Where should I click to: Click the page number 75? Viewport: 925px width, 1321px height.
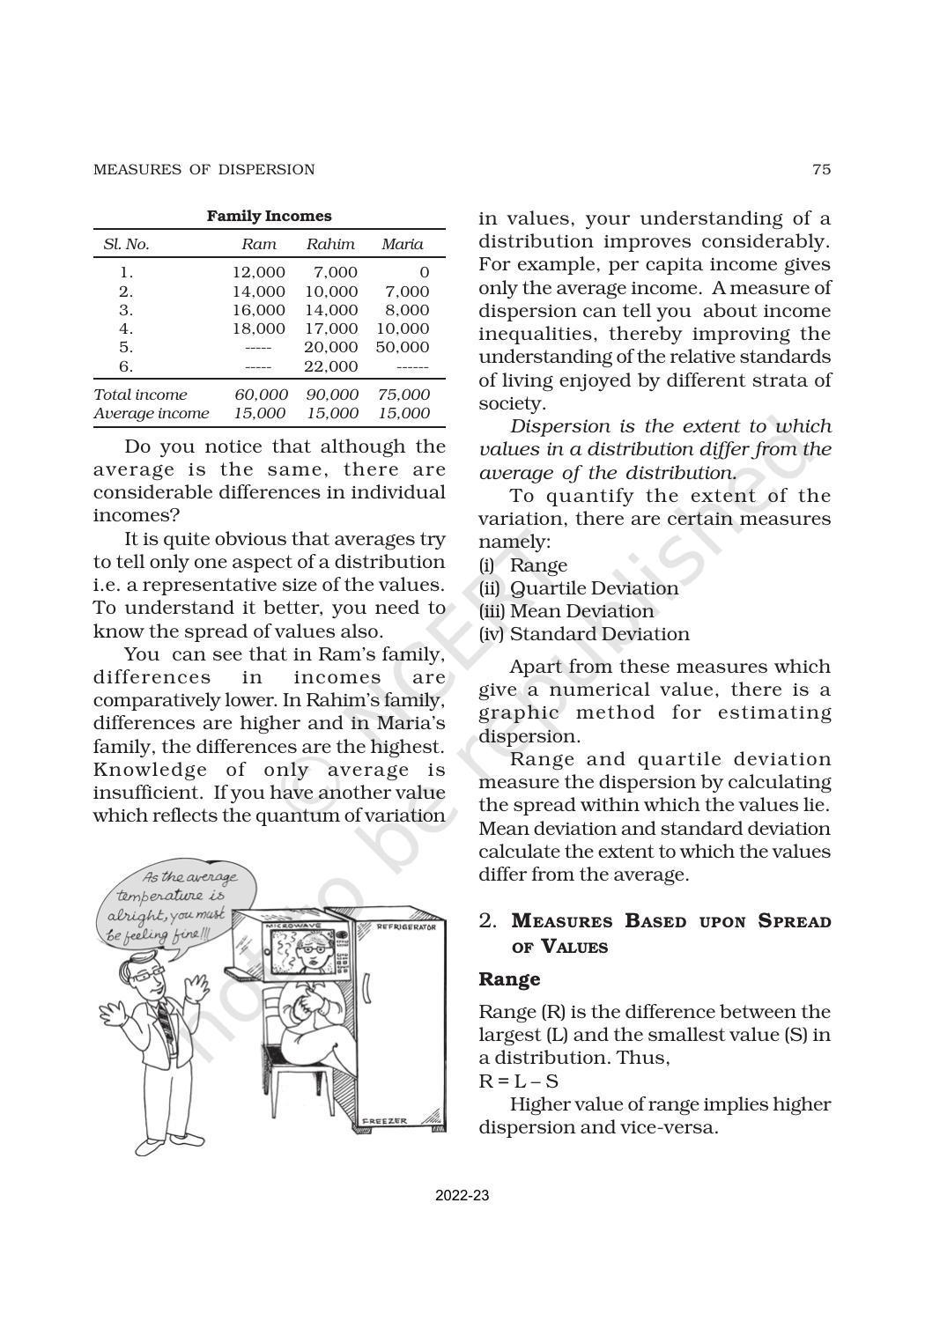[820, 170]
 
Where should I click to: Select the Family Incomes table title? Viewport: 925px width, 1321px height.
[269, 216]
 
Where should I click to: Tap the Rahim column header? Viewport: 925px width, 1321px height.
[330, 245]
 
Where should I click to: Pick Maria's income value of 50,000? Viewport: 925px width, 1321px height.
[403, 347]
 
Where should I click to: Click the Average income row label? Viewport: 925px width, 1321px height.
[151, 413]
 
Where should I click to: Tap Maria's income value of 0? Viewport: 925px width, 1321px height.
[424, 273]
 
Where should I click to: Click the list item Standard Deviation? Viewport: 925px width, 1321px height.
[599, 634]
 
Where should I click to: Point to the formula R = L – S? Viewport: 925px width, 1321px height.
[518, 1081]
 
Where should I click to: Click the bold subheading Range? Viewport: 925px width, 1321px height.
[509, 979]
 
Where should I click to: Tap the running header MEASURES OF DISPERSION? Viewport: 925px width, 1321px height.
[203, 170]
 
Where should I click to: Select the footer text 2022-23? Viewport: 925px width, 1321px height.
[462, 1196]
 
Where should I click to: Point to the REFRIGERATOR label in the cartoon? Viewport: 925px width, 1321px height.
[406, 928]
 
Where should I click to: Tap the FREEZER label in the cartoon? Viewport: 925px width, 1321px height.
[385, 1121]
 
